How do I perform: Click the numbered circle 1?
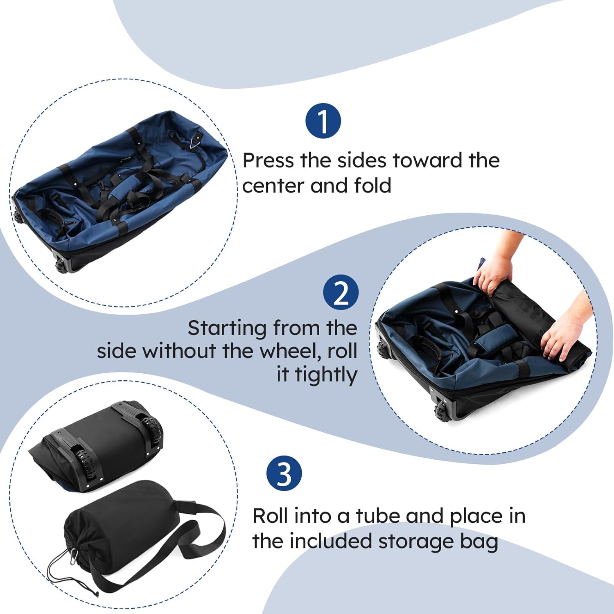click(323, 121)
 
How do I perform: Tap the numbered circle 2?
click(341, 292)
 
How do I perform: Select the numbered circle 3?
click(284, 473)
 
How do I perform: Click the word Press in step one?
click(268, 160)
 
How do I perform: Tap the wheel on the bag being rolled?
click(442, 411)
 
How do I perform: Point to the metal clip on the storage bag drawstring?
click(74, 555)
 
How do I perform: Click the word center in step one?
click(273, 185)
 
